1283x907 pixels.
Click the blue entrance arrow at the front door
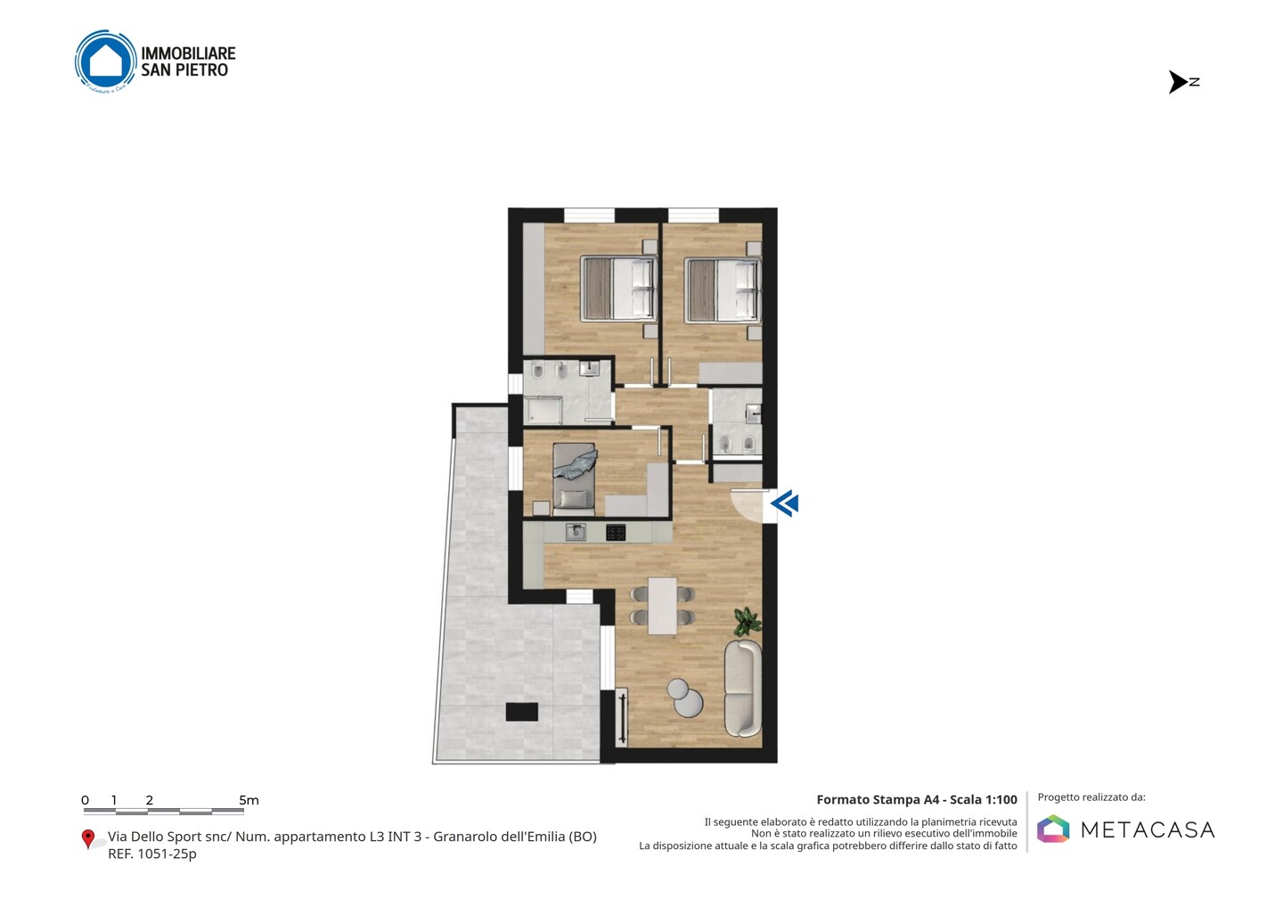(x=785, y=504)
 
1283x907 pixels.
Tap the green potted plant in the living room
(x=748, y=622)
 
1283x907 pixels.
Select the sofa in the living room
(x=743, y=688)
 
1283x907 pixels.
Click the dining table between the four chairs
(x=662, y=606)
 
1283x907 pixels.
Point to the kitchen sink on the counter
(x=576, y=532)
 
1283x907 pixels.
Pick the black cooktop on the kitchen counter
(x=616, y=533)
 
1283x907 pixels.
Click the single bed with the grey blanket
(x=574, y=476)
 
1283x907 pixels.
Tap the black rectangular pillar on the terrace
(x=522, y=712)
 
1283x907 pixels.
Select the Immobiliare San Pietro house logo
(x=106, y=61)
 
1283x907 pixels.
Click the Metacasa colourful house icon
(x=1053, y=829)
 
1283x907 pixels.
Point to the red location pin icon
(x=87, y=839)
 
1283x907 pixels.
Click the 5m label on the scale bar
(x=249, y=800)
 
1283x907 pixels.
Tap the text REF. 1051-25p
(x=151, y=854)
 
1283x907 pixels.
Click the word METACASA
(x=1148, y=829)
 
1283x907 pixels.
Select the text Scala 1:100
(x=984, y=800)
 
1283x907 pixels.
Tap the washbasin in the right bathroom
(x=754, y=413)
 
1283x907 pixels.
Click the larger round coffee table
(x=689, y=703)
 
